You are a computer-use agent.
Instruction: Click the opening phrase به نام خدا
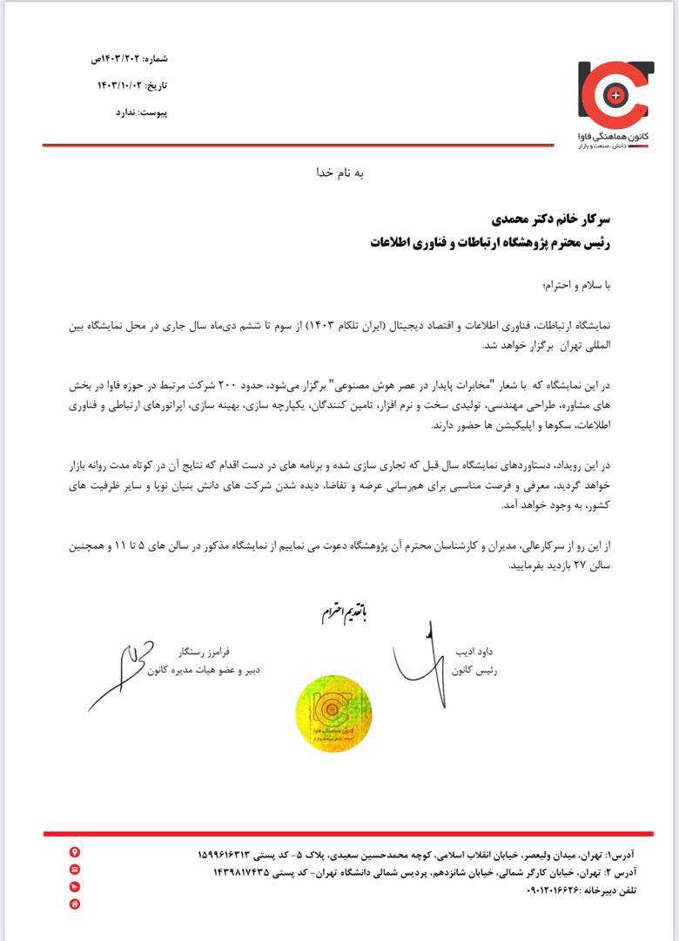pos(340,173)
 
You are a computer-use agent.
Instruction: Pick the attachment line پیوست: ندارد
pos(142,112)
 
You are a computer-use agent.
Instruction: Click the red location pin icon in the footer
pos(75,852)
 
